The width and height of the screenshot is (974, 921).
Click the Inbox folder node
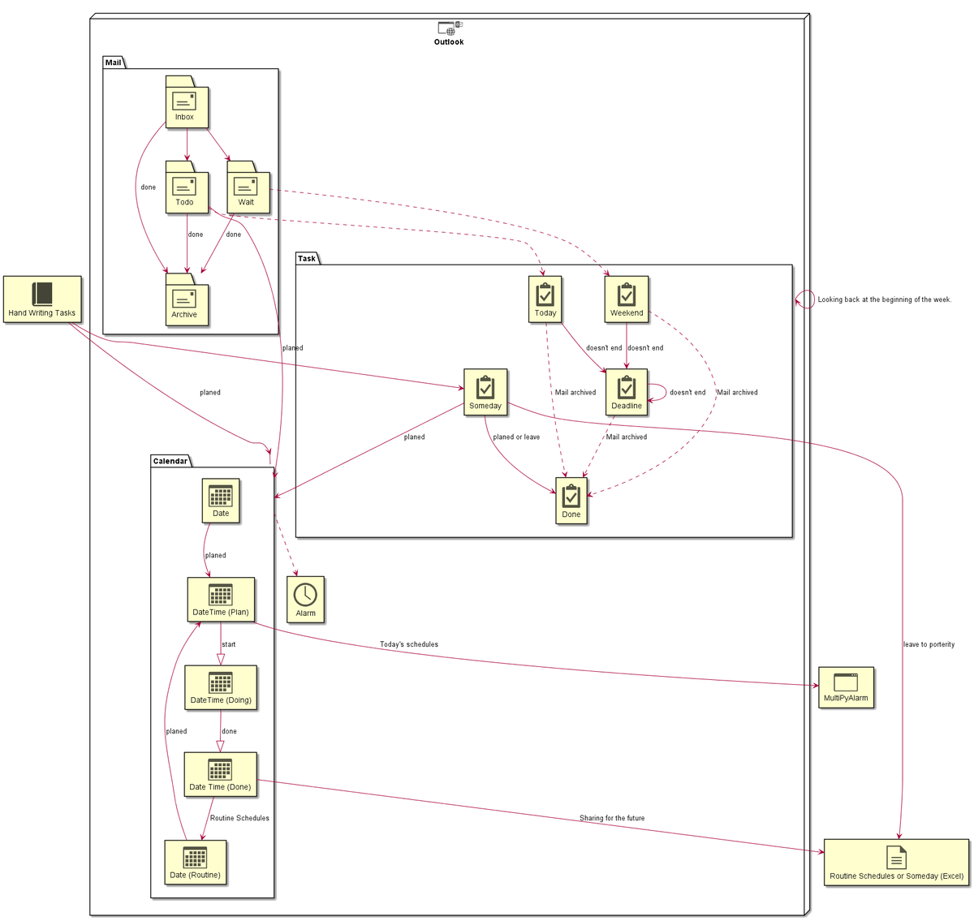click(x=187, y=101)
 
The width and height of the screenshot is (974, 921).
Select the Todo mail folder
click(x=187, y=187)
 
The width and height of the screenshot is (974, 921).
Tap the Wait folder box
click(x=248, y=187)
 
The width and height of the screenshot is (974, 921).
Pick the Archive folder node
click(x=187, y=299)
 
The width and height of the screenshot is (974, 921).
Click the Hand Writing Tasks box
click(x=42, y=299)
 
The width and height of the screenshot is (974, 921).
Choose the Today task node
click(x=545, y=299)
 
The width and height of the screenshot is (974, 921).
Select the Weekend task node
click(x=626, y=299)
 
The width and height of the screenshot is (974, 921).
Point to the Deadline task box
click(x=626, y=391)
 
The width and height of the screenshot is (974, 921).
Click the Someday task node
click(x=485, y=391)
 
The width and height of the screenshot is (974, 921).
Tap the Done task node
click(x=571, y=500)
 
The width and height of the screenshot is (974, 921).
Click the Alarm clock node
click(x=305, y=599)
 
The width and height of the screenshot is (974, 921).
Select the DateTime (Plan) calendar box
click(x=221, y=599)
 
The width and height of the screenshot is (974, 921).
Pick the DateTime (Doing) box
click(x=221, y=686)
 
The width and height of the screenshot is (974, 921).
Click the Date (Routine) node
click(x=195, y=862)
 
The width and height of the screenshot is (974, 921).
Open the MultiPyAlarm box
click(x=845, y=686)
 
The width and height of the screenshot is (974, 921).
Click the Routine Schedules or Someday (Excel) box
click(x=896, y=862)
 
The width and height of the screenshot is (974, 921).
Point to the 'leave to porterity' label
click(x=929, y=643)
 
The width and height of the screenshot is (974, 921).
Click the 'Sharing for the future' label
click(x=612, y=817)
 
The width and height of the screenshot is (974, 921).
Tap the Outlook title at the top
click(x=448, y=41)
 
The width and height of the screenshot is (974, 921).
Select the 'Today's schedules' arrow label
click(x=409, y=643)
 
